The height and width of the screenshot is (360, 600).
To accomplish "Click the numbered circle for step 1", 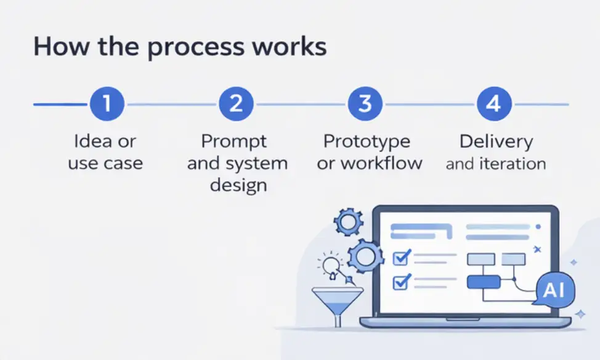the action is (107, 104).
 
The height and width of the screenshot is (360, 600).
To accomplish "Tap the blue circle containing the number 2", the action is (236, 104).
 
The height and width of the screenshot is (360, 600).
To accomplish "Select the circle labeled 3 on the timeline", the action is (365, 104).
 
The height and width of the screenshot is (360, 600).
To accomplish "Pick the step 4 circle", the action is (494, 104).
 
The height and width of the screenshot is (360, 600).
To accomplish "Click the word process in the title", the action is (195, 48).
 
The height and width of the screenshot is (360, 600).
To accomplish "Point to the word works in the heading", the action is (290, 46).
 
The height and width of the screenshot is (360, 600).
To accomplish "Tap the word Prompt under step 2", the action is (234, 142).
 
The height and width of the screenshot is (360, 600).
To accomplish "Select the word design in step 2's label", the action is (238, 186).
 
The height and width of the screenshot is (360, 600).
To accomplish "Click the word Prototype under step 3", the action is (367, 142).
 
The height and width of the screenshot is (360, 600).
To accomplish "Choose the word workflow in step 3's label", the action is (381, 163).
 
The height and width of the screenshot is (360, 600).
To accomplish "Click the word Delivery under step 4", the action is (497, 142).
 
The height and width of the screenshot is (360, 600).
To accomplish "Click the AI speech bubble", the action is (554, 290).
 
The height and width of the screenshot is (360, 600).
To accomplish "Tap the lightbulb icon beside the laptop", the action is (331, 265).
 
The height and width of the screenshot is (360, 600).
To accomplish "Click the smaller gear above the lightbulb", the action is (348, 222).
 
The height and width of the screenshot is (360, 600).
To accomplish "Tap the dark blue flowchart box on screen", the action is (484, 282).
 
